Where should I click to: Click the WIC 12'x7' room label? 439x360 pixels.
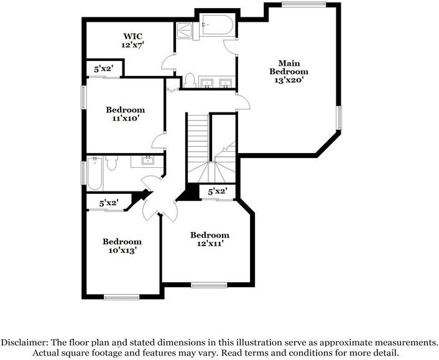point(132,40)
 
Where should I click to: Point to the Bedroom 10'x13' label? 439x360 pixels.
point(122,246)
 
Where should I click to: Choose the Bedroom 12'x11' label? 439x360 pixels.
point(210,239)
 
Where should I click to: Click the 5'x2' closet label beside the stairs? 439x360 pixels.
point(217,192)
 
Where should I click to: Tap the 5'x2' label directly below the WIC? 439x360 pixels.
point(104,70)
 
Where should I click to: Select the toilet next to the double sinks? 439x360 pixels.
point(190,80)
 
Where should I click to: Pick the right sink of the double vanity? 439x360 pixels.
point(226,82)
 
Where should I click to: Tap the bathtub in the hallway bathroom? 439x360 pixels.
point(95,174)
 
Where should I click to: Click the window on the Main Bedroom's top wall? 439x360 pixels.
point(303,5)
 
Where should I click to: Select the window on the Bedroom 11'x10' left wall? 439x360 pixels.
point(83,99)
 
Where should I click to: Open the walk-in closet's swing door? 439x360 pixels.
point(168,63)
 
